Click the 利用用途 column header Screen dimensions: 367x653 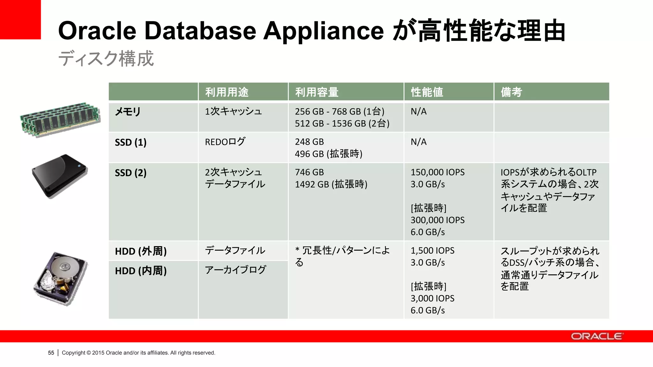pos(227,92)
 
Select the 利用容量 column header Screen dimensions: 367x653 pos(317,92)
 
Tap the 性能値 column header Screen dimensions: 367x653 pos(427,92)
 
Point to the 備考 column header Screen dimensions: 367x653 pos(511,92)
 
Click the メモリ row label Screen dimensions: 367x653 pos(128,112)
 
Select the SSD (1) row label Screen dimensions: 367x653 pos(131,142)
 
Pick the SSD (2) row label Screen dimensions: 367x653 pos(131,173)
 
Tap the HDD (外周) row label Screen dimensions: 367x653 pos(141,251)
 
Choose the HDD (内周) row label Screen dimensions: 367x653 pos(141,271)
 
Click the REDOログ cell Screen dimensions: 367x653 pos(225,142)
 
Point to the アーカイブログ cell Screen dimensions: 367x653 pos(235,270)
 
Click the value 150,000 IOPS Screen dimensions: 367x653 pos(437,172)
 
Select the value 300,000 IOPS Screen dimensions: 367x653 pos(437,220)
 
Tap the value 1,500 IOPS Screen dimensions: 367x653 pos(432,251)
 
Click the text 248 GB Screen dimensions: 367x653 pos(309,142)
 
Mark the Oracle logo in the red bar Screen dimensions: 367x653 pos(597,336)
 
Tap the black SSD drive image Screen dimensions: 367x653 pos(60,176)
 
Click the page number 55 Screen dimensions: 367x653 pos(51,353)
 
